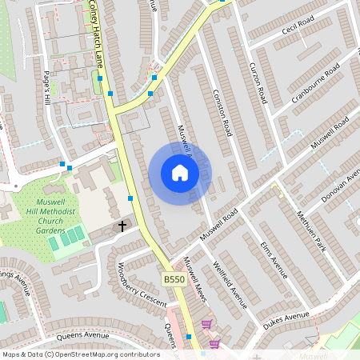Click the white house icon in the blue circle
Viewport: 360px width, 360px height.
pyautogui.click(x=180, y=172)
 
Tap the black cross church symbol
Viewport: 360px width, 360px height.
pyautogui.click(x=122, y=226)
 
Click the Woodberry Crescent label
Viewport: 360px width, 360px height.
pyautogui.click(x=141, y=285)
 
